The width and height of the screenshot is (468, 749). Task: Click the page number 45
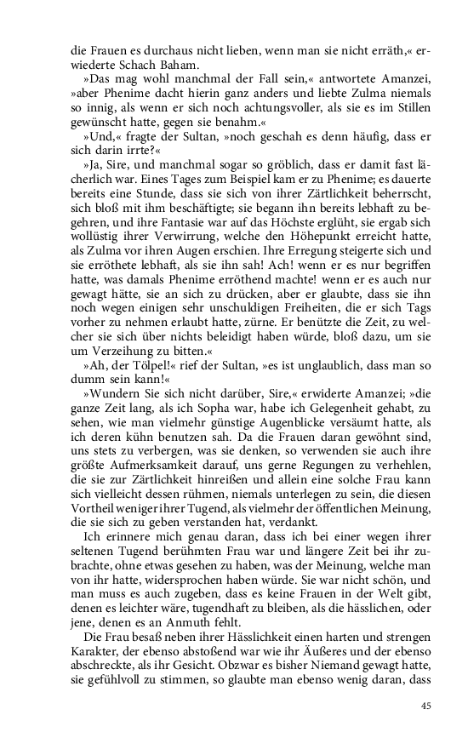click(x=428, y=704)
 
